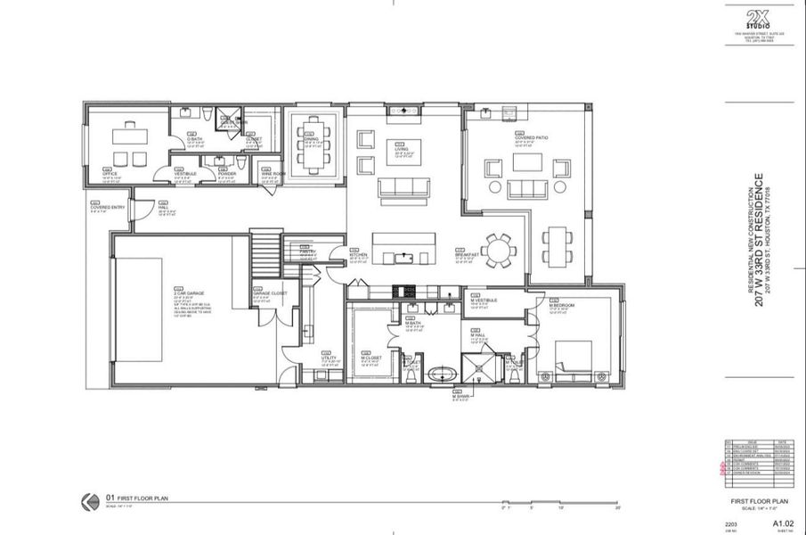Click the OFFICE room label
coord(110,173)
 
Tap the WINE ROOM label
coord(273,173)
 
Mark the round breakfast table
coord(497,251)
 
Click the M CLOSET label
coord(371,357)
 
